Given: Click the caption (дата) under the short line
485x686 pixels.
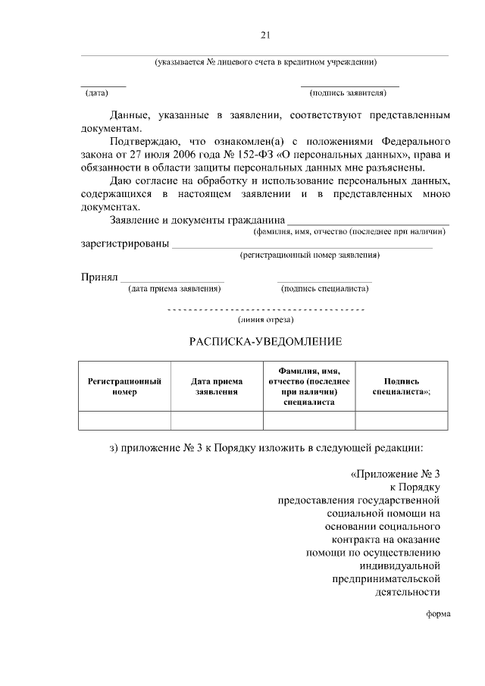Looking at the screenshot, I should click(96, 93).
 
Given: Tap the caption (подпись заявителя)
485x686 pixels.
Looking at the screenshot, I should click(349, 93).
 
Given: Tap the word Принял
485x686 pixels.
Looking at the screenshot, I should click(99, 277).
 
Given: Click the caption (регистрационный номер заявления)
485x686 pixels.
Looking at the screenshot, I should click(310, 255).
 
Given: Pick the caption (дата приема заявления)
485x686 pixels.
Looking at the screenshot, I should click(174, 288).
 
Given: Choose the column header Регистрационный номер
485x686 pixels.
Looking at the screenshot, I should click(124, 387).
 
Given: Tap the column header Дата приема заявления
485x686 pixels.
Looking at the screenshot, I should click(217, 387).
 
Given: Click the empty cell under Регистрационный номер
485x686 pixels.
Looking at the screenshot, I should click(124, 420).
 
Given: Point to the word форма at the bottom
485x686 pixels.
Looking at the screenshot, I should click(438, 615).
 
